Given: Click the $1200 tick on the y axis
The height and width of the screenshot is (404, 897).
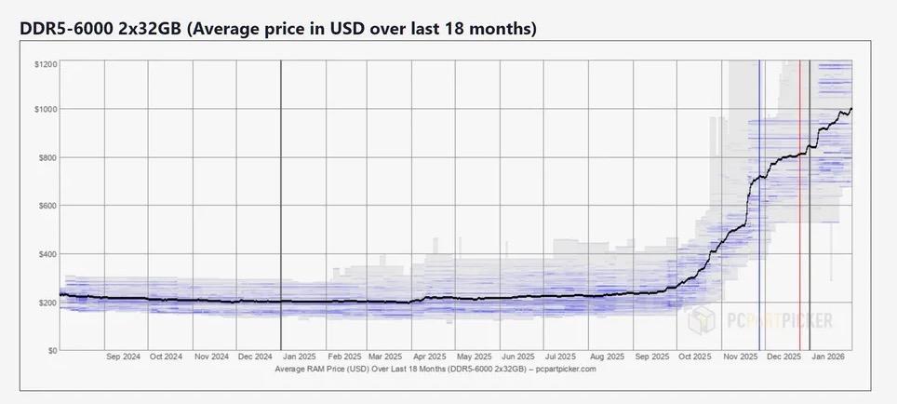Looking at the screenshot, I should [x=45, y=64].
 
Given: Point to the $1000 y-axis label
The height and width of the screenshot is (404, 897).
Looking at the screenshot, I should [x=45, y=109].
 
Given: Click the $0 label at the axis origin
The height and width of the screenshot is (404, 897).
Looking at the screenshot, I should [x=51, y=350].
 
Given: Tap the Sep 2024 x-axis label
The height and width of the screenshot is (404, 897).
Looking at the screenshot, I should [x=125, y=357].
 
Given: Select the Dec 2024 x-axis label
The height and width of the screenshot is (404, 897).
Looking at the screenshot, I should [x=256, y=357].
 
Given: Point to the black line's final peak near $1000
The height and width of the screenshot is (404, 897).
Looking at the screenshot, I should [x=850, y=109].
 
